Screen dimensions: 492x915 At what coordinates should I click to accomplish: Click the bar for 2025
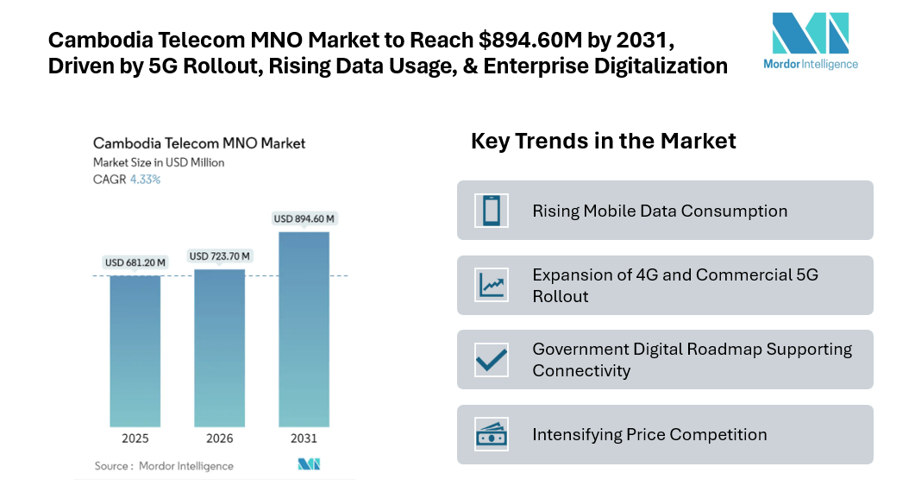tap(135, 350)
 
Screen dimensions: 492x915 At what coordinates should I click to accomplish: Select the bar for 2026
tap(219, 347)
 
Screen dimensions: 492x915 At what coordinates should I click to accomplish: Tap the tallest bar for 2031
tap(304, 329)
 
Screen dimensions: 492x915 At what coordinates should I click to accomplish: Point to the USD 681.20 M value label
tap(135, 262)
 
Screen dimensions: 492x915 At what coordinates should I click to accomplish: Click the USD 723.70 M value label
tap(219, 256)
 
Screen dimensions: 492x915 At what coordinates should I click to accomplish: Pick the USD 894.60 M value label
tap(304, 218)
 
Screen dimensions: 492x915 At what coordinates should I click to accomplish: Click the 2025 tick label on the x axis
tap(135, 438)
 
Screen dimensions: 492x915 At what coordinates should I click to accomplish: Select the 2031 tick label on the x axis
tap(304, 438)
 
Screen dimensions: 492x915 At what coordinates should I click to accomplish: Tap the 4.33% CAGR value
tap(145, 180)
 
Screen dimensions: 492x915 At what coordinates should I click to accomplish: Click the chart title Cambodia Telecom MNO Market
tap(199, 143)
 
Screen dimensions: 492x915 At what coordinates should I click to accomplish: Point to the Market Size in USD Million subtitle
tap(159, 162)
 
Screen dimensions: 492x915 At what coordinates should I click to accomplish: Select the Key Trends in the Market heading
tap(603, 141)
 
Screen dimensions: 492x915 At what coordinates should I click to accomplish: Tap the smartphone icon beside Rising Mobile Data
tap(492, 211)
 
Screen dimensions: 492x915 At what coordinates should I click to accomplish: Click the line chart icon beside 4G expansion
tap(492, 285)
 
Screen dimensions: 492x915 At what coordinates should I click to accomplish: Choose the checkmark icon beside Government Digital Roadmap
tap(492, 359)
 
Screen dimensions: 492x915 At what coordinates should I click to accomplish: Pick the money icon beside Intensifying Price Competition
tap(492, 434)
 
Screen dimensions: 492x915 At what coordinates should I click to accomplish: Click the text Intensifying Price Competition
tap(649, 434)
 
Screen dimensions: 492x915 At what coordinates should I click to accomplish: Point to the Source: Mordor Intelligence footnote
tap(164, 466)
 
